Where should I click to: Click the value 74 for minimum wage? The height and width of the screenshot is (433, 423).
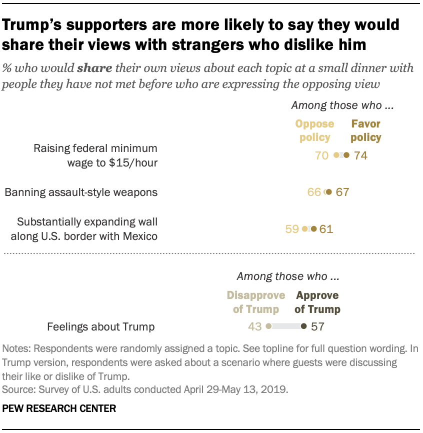click(x=360, y=155)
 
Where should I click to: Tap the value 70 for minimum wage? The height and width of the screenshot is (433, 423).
click(x=321, y=155)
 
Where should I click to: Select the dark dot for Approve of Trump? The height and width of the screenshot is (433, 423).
click(x=303, y=326)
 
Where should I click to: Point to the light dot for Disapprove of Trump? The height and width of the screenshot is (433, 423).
click(x=268, y=326)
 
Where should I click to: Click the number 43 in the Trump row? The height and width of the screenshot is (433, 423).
click(x=255, y=326)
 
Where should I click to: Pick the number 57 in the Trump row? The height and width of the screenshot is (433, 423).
click(x=317, y=326)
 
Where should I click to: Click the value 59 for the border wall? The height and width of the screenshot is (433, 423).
click(x=291, y=229)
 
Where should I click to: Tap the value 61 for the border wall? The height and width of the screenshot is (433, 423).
click(x=326, y=229)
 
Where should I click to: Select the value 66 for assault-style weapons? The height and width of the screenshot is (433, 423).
click(x=314, y=192)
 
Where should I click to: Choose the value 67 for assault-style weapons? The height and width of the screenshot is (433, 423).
click(x=342, y=192)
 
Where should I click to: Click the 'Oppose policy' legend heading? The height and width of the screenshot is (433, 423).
click(x=315, y=130)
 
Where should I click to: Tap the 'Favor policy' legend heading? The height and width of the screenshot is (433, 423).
click(x=366, y=130)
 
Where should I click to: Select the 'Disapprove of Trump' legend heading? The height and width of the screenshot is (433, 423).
click(x=256, y=302)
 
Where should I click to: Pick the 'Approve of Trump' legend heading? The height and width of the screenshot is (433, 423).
click(x=317, y=302)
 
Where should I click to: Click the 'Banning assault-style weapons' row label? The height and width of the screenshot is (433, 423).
click(x=81, y=192)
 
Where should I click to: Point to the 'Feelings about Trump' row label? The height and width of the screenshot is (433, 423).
click(x=100, y=327)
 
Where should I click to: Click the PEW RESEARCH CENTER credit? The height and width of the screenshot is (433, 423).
click(x=59, y=408)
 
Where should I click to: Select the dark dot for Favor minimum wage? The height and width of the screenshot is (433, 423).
click(x=346, y=155)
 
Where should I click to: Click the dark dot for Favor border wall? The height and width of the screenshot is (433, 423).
click(x=313, y=229)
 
